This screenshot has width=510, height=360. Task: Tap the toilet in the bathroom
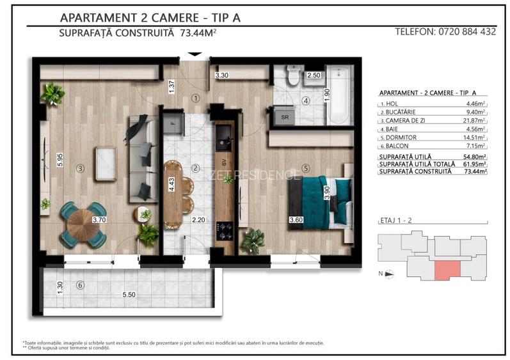point(293,76)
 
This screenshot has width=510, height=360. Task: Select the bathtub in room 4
point(339,95)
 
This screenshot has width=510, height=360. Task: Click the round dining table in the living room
point(80,224)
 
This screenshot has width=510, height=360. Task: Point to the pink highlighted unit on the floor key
point(446,270)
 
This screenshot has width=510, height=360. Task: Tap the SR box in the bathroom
point(284,117)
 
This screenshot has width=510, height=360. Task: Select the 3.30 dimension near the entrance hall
point(222,76)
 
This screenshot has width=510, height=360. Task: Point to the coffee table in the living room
point(106,157)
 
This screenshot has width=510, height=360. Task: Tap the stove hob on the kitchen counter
point(225,227)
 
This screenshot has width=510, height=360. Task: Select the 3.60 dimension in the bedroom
point(296,221)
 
